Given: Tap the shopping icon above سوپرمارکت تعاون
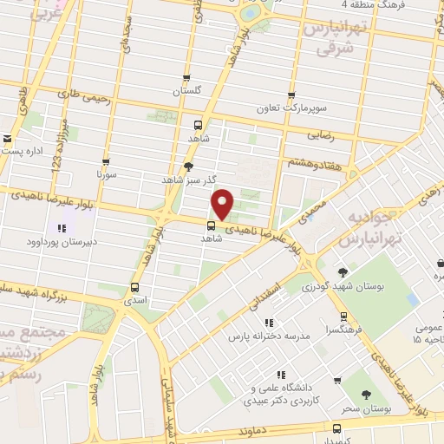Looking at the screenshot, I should click(x=291, y=95).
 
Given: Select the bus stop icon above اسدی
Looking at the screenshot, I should click(x=134, y=286).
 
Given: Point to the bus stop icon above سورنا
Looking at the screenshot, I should click(x=106, y=161).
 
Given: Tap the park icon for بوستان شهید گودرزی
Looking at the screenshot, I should click(x=343, y=271).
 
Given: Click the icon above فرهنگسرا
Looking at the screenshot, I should click(x=344, y=317).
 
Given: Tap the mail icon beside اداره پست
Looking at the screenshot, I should click(x=7, y=138).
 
